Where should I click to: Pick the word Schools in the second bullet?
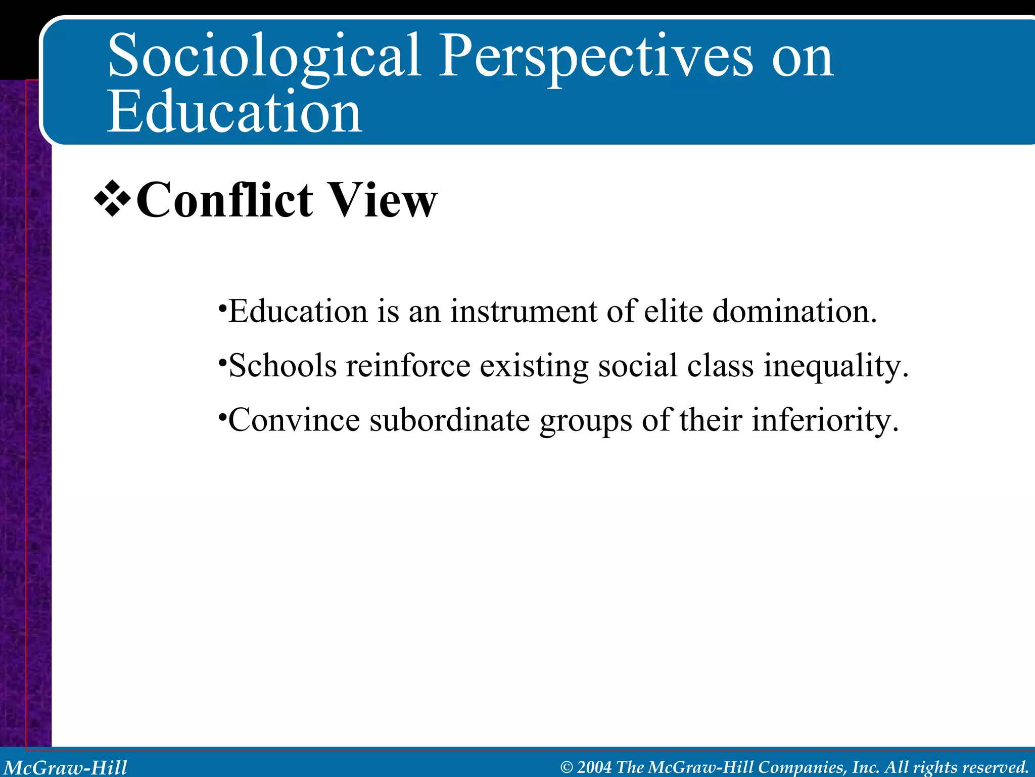coord(283,366)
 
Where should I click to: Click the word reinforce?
coord(408,366)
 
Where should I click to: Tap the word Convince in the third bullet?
coord(294,420)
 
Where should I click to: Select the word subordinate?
coord(449,420)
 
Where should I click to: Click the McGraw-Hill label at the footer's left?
coord(66,767)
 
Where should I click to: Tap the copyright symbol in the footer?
coord(567,767)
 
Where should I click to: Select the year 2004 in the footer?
coord(594,767)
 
